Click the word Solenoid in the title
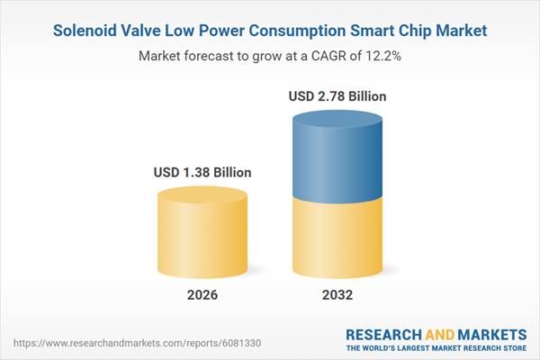[x=87, y=31]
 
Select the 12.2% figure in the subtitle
[x=379, y=56]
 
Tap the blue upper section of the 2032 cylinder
[x=339, y=157]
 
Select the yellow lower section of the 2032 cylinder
[x=339, y=238]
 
